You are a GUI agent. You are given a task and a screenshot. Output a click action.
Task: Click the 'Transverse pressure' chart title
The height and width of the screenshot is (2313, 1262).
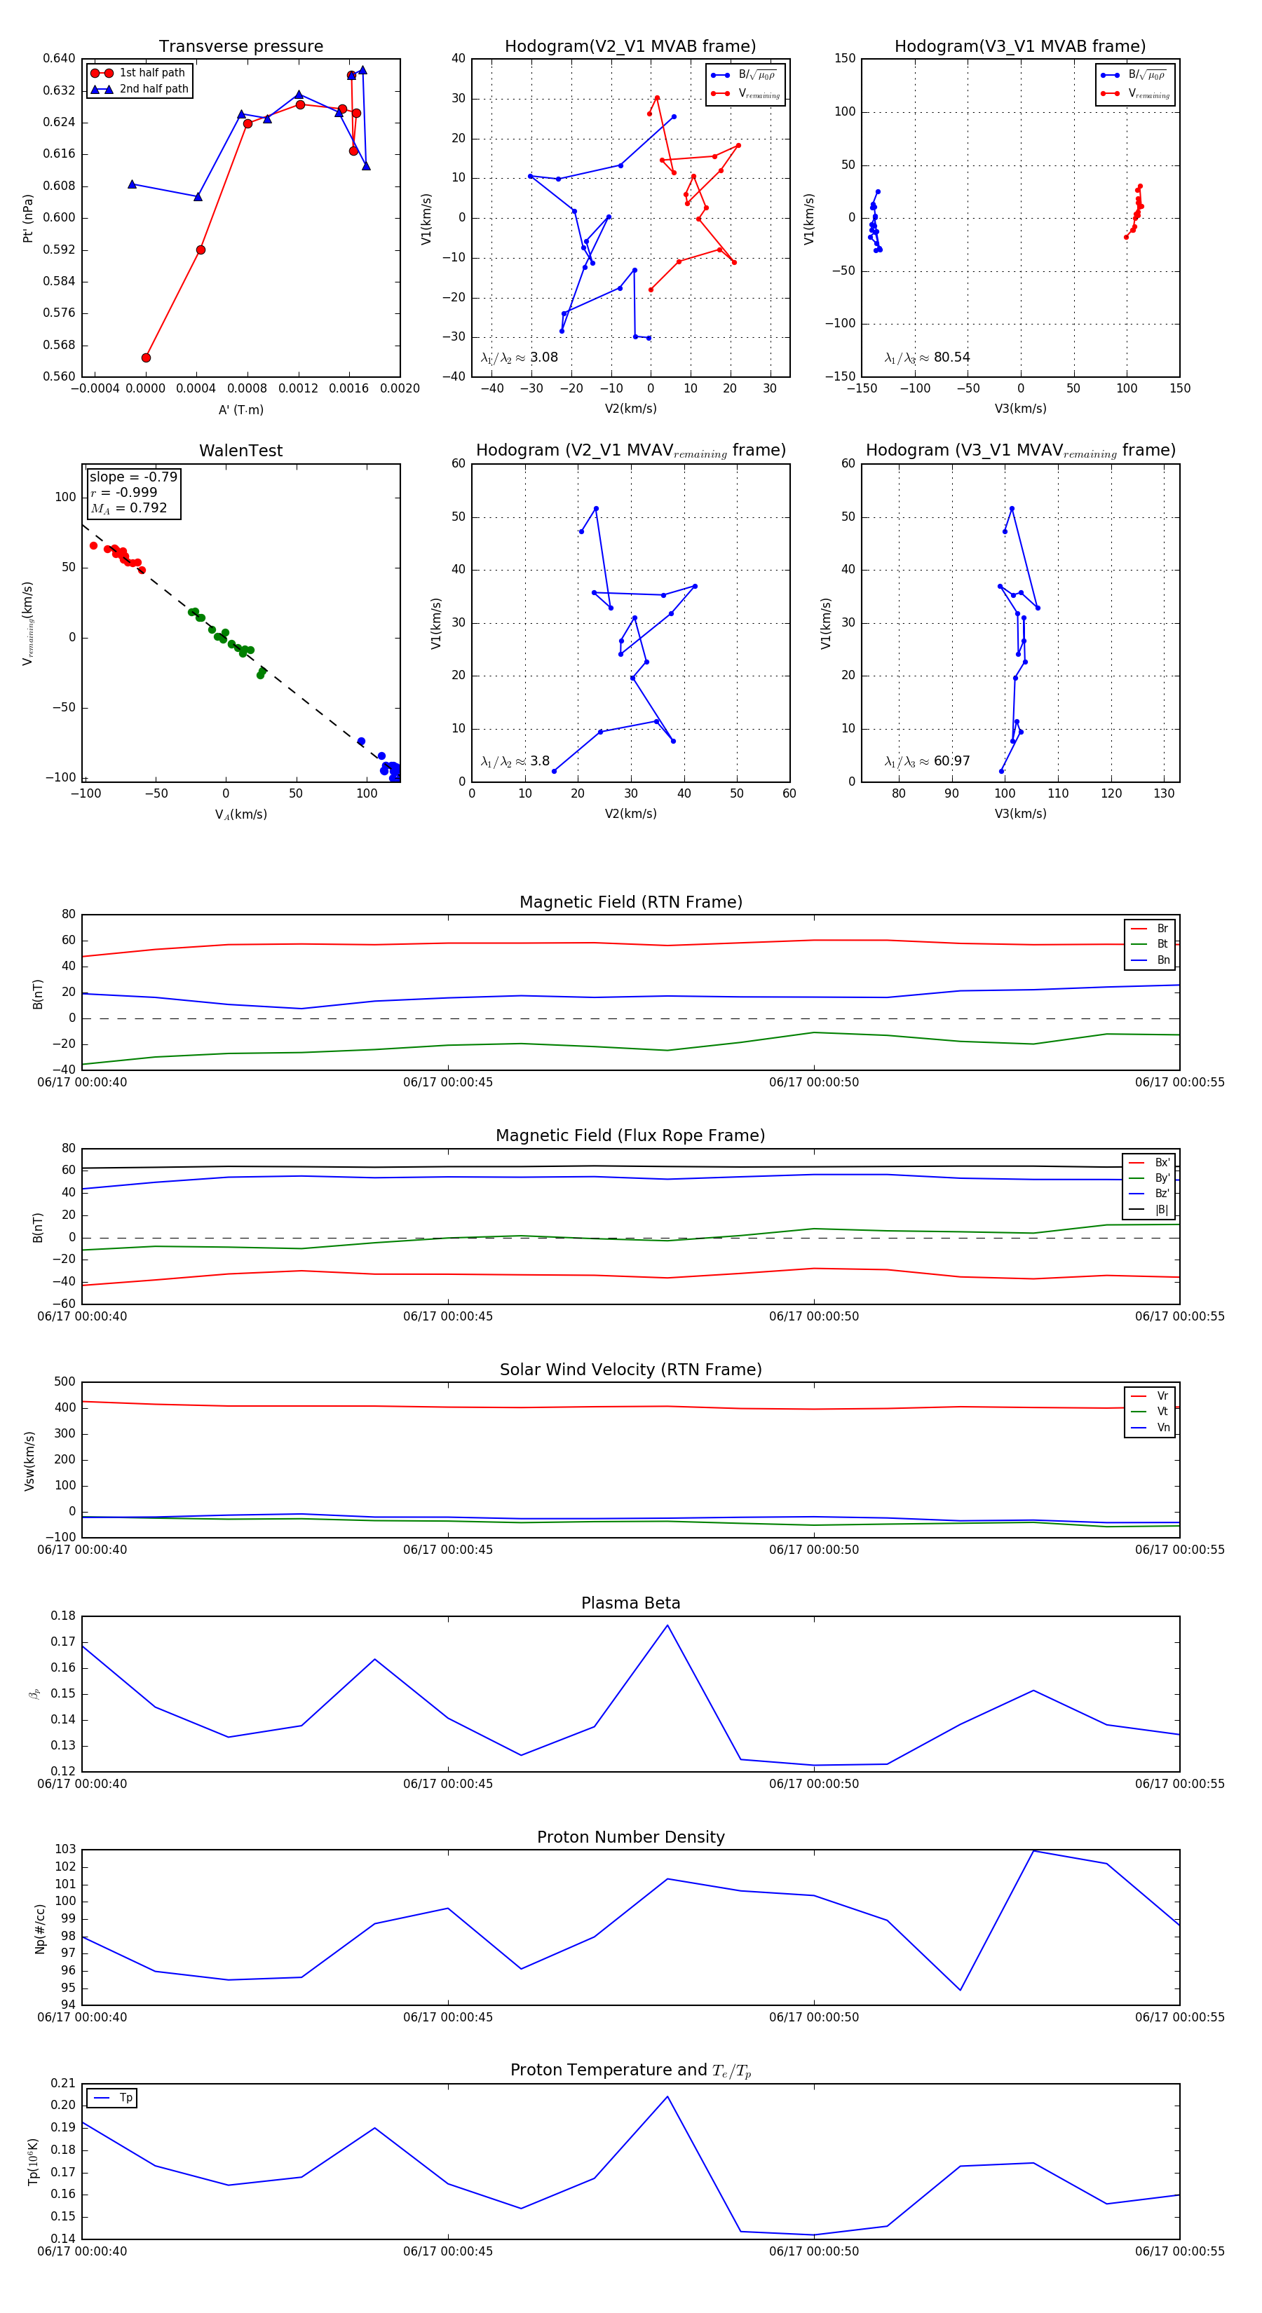pos(240,47)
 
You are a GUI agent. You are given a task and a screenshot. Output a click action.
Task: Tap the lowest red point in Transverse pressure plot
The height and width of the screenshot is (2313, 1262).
pos(147,357)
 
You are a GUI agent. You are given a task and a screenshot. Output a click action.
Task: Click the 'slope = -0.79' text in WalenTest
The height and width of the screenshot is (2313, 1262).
pos(133,477)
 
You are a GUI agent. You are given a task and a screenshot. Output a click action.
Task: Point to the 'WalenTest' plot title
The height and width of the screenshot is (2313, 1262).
pos(240,451)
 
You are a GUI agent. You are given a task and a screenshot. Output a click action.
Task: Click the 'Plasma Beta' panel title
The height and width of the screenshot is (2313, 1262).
pos(630,1603)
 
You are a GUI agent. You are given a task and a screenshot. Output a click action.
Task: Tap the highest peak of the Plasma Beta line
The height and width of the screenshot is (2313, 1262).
pos(667,1625)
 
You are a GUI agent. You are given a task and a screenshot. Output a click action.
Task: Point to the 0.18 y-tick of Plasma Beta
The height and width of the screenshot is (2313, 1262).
pos(63,1616)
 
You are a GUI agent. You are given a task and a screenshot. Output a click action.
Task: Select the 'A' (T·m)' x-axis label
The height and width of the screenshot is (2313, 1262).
pos(240,409)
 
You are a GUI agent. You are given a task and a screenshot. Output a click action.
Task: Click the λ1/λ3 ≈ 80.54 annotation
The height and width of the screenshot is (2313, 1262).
pos(927,357)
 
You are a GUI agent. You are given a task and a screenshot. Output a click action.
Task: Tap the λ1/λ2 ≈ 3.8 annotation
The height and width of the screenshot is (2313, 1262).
pos(515,761)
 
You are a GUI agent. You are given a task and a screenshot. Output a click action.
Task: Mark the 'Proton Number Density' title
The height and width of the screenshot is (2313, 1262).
pos(630,1837)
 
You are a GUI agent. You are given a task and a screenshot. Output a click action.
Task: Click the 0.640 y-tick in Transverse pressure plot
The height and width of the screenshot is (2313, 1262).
pos(60,58)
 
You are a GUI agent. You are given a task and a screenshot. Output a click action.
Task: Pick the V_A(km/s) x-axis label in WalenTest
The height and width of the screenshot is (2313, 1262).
pos(240,814)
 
